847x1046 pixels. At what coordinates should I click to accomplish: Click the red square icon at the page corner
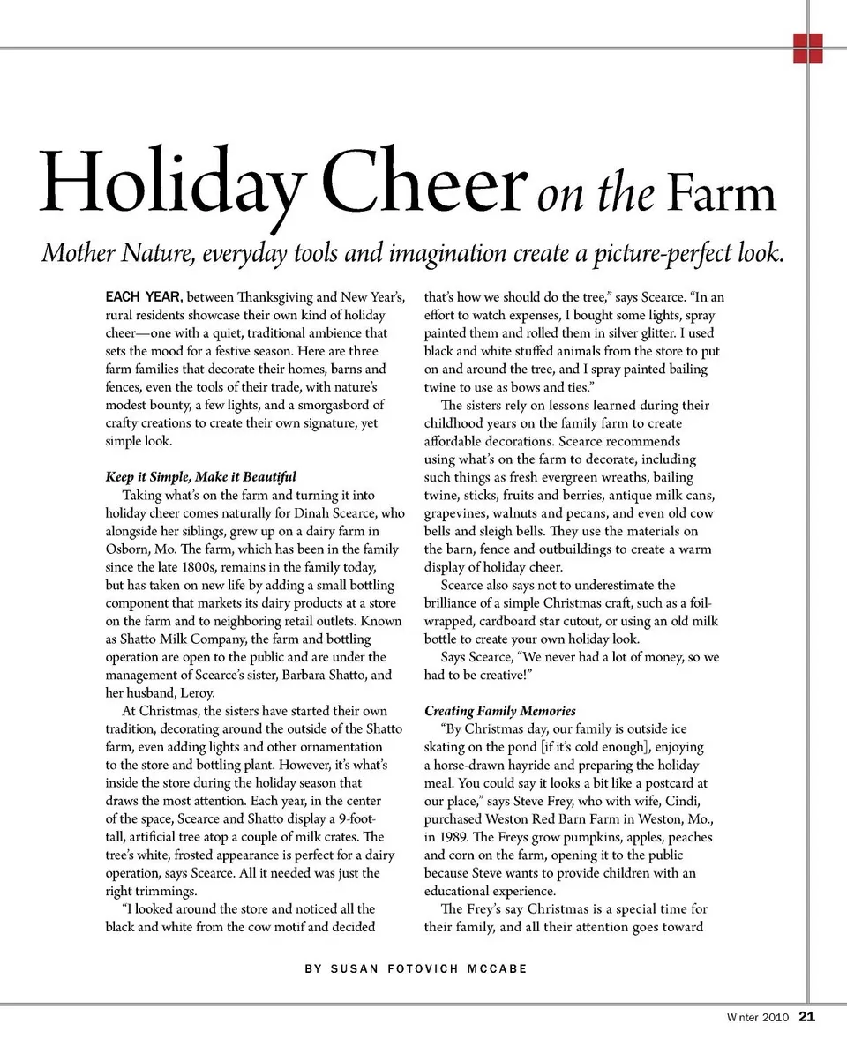[807, 49]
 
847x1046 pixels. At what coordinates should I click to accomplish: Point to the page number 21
[806, 1017]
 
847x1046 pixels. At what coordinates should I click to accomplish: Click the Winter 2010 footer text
[758, 1018]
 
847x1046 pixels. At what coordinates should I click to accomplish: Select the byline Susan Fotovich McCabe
[416, 968]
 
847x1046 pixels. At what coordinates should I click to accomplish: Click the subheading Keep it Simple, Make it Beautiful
[200, 477]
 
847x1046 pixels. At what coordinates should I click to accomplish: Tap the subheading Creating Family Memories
[499, 711]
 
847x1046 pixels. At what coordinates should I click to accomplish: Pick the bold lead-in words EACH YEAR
[145, 298]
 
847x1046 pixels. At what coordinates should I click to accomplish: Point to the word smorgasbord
[340, 406]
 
